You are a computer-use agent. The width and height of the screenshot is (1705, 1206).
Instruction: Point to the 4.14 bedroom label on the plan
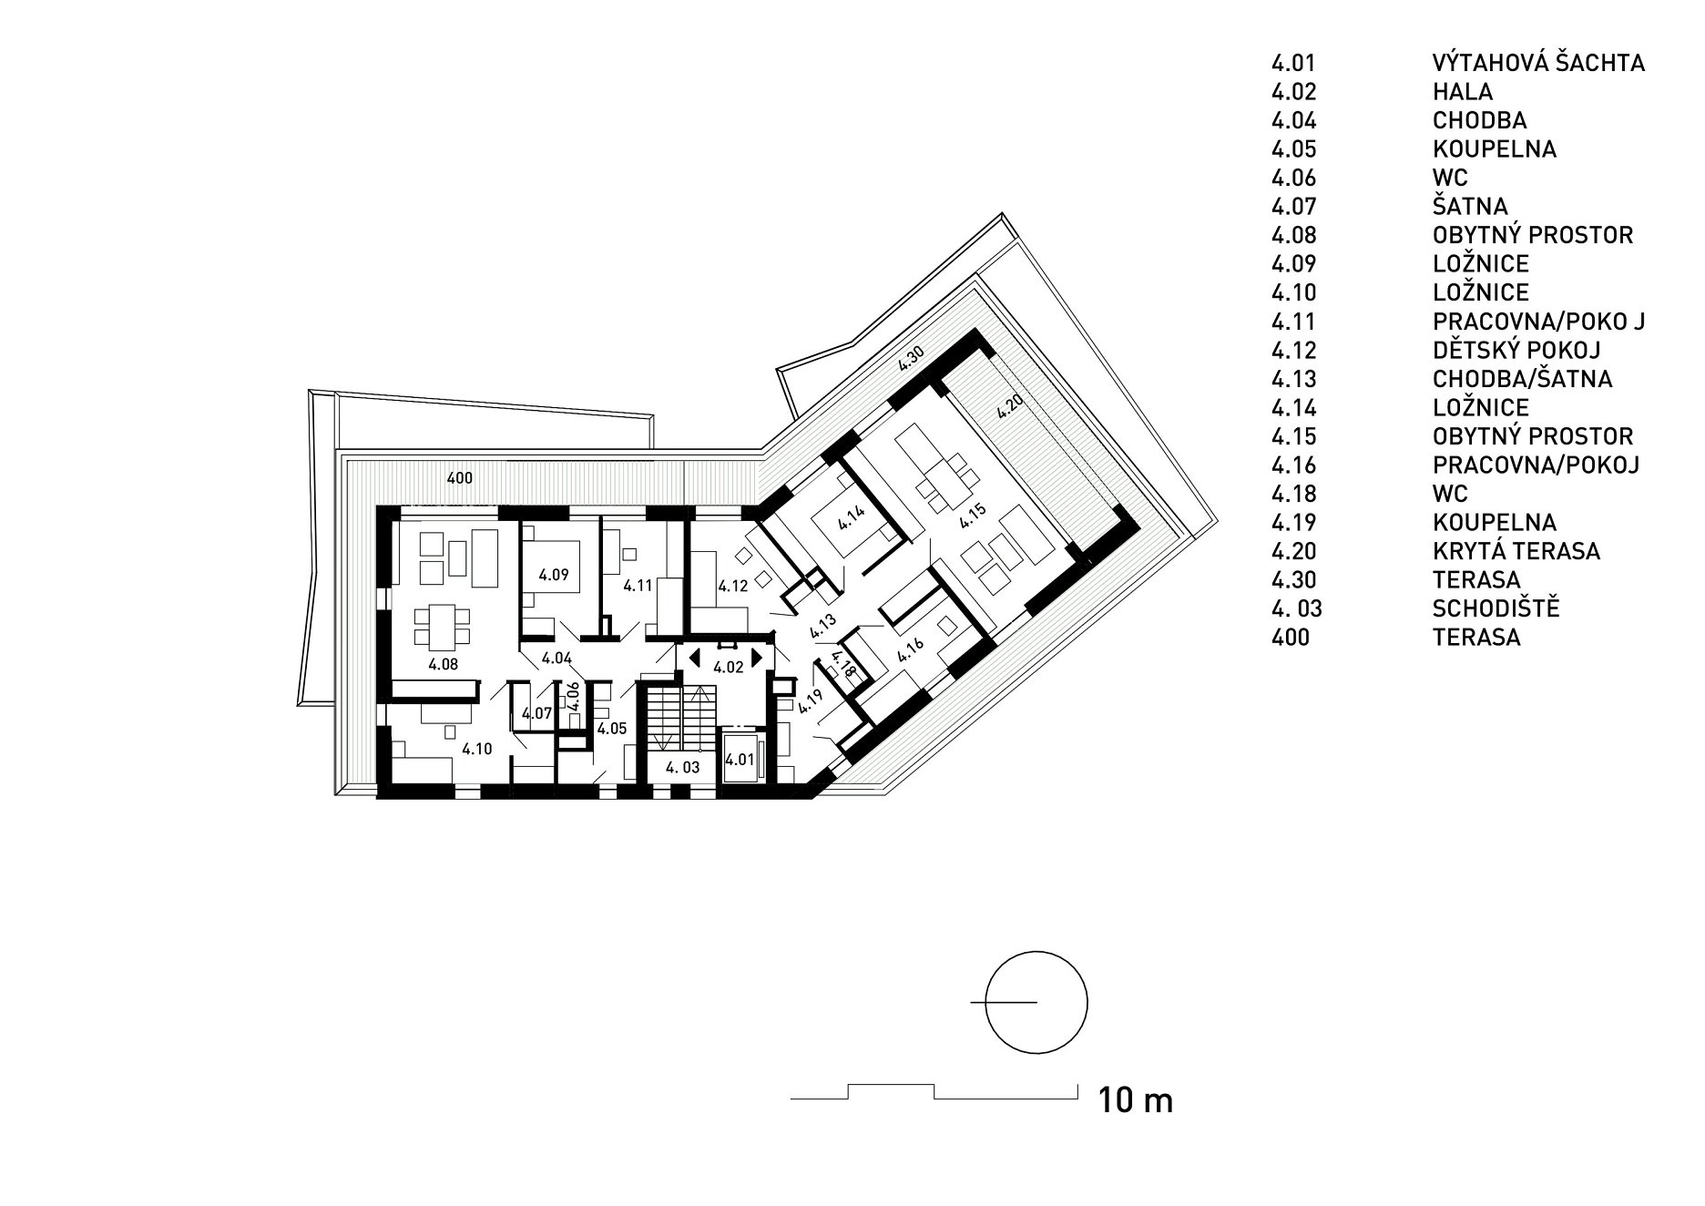point(851,516)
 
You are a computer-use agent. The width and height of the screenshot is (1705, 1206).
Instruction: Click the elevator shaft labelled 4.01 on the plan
point(740,757)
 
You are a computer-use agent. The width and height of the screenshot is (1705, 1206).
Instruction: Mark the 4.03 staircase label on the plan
point(682,768)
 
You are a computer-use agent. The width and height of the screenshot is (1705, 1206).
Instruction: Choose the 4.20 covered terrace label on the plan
point(1007,404)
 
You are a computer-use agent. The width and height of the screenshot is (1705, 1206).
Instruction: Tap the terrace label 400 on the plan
point(460,476)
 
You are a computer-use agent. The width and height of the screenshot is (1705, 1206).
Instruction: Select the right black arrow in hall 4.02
point(756,656)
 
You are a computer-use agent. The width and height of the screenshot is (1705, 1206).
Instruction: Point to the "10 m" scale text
point(1136,1100)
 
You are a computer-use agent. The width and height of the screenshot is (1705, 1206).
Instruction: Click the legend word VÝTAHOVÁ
point(1486,62)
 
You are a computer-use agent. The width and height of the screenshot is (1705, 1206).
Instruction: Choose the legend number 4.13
point(1294,379)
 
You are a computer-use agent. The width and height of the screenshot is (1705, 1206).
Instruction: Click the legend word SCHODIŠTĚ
point(1496,608)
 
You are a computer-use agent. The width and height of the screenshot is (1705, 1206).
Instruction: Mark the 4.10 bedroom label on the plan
point(476,750)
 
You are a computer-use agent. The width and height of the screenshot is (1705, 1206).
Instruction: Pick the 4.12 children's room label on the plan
point(733,587)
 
